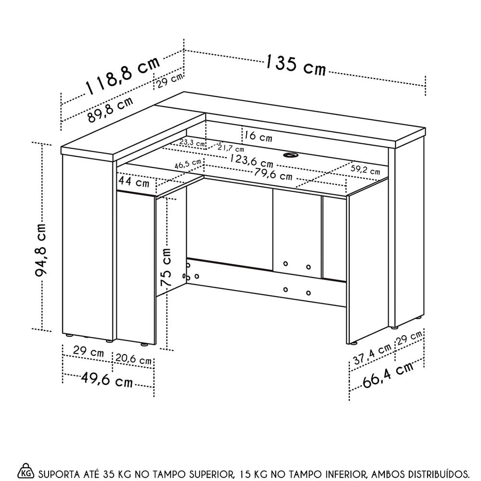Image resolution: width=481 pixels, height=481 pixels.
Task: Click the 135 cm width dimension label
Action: pos(295,66)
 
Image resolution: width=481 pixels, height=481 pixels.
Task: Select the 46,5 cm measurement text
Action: pos(188,164)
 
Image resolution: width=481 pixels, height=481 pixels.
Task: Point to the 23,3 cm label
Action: pos(192,143)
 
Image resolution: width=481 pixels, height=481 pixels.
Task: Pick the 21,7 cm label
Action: pos(230,148)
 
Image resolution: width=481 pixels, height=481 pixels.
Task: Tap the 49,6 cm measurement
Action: pos(107,381)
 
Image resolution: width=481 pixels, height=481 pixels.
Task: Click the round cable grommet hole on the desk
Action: pos(290,155)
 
